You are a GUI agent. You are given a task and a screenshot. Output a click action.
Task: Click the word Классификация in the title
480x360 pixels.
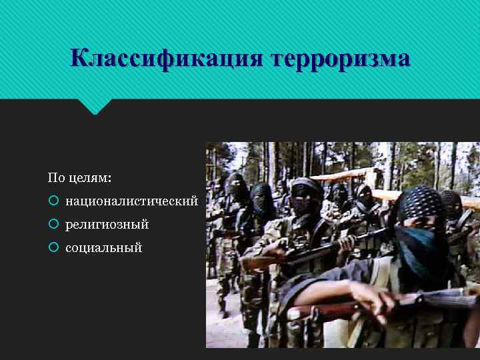[x=167, y=58]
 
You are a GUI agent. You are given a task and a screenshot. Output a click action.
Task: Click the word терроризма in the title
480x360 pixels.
[x=340, y=58]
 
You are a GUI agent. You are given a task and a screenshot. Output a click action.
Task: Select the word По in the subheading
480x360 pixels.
[x=56, y=178]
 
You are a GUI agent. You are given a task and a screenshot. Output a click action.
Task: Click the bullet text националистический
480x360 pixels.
[x=131, y=201]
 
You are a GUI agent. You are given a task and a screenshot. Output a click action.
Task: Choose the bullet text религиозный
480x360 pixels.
[x=107, y=225]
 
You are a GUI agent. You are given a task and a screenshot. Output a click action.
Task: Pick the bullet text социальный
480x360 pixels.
[x=103, y=248]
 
